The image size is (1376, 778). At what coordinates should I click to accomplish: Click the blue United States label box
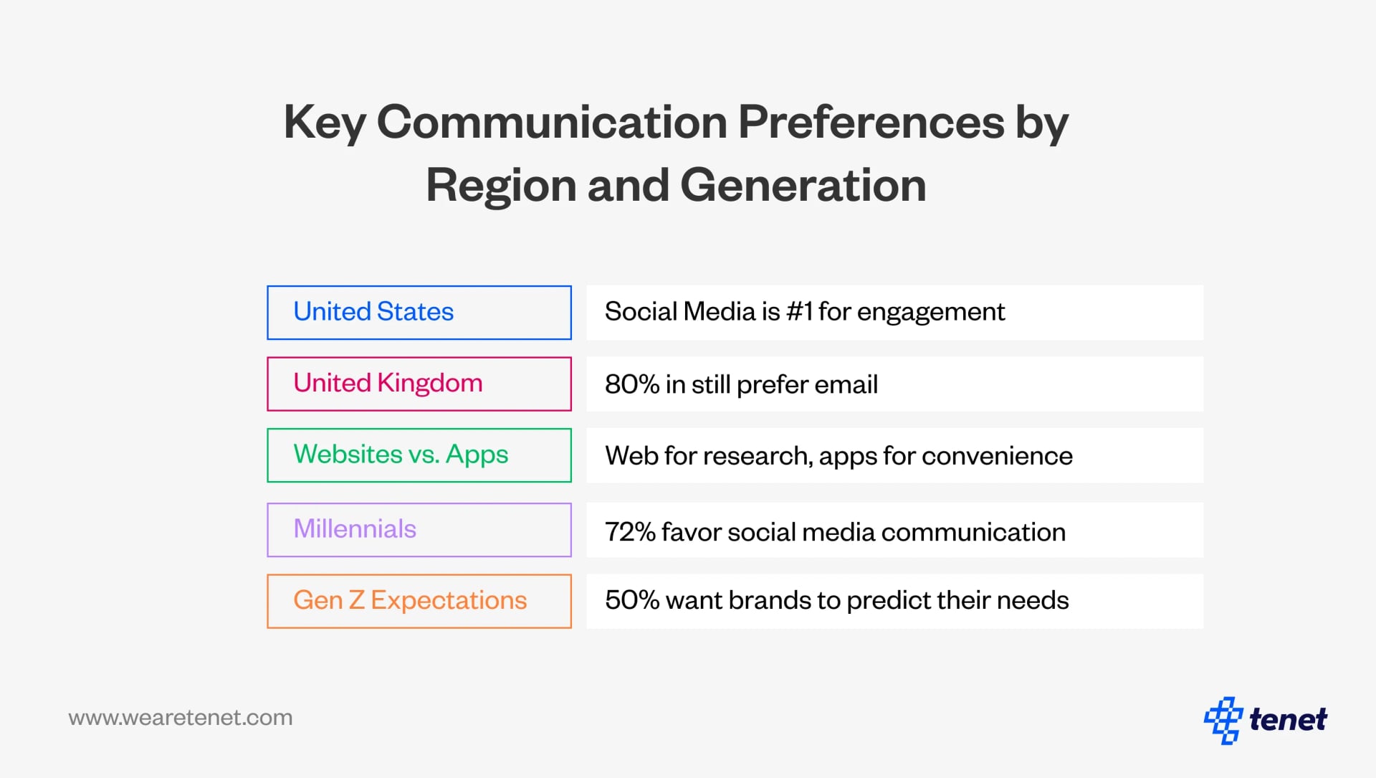tap(419, 313)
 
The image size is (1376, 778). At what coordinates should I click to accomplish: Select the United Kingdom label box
tap(419, 384)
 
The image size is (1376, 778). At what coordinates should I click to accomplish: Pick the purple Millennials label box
tap(419, 529)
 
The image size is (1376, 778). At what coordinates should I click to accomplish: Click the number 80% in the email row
tap(631, 384)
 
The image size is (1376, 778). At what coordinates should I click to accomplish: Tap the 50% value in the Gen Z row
tap(631, 600)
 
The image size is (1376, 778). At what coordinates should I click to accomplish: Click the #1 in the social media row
tap(799, 312)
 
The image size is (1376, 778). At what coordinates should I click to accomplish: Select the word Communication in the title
tap(552, 122)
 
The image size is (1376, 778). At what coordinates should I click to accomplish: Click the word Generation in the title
tap(803, 185)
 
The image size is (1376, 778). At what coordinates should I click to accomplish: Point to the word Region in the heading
tap(501, 185)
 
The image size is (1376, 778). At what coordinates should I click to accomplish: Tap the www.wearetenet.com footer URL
tap(181, 718)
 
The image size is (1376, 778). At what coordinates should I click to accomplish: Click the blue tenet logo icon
tap(1223, 720)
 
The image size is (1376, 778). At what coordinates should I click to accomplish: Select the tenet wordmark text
tap(1288, 719)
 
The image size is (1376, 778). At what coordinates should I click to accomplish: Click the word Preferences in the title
tap(871, 122)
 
